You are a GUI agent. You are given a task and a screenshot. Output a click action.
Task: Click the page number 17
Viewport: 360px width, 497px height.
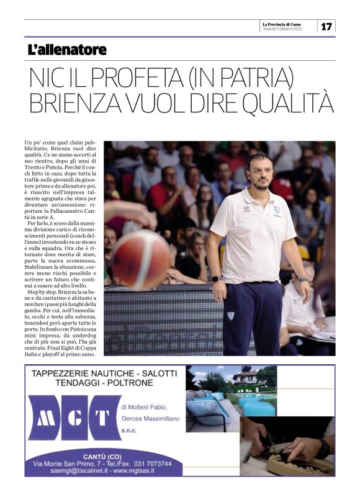pos(326,26)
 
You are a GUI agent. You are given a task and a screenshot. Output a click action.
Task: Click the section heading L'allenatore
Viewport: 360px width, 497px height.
pos(67,50)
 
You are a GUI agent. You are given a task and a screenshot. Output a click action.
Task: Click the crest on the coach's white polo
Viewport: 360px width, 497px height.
pos(276,210)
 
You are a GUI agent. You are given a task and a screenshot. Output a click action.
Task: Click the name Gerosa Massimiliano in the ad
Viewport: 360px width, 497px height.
pos(150,418)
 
